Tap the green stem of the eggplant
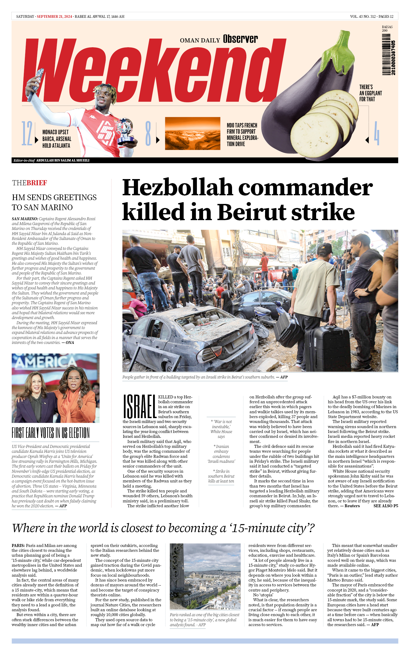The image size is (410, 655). tap(338, 48)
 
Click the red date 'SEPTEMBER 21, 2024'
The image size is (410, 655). tap(54, 16)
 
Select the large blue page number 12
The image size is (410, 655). tap(27, 133)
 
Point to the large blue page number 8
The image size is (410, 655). tap(148, 133)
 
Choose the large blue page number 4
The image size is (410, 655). tap(376, 133)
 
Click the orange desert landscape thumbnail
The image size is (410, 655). tap(192, 133)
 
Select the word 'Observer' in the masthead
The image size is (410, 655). tap(240, 39)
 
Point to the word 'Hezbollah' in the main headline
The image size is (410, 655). tap(178, 187)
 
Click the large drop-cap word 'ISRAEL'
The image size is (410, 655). tap(139, 406)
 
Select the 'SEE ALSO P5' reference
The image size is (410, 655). tap(385, 506)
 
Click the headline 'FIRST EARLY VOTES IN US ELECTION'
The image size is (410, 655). tap(50, 433)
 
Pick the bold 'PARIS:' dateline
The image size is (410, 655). tap(18, 545)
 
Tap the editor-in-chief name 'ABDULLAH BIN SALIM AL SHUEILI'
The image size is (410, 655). tap(63, 160)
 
